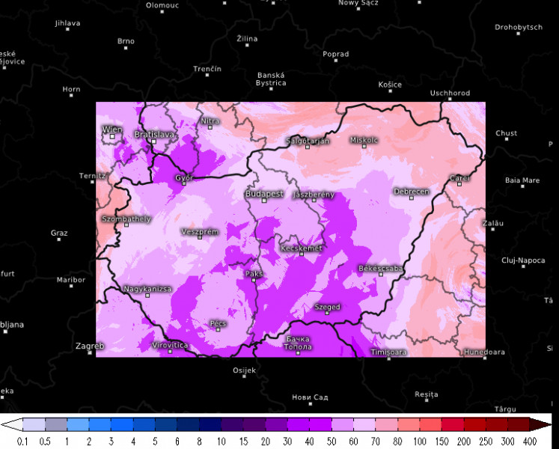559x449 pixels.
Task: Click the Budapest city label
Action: [x=264, y=194]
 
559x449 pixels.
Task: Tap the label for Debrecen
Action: [x=412, y=192]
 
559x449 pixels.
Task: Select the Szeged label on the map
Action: [x=327, y=307]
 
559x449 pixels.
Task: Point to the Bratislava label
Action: [x=154, y=135]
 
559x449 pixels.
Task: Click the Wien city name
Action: [x=112, y=129]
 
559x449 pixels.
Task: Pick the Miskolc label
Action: [x=364, y=140]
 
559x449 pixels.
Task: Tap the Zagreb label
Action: [x=90, y=346]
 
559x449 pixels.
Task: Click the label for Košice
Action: [x=390, y=85]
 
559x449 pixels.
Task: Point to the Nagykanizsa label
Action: [x=147, y=289]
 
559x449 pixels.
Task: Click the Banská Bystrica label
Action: [x=271, y=79]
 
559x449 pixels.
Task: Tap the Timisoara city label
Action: [x=388, y=352]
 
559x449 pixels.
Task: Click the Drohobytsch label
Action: [x=518, y=28]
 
